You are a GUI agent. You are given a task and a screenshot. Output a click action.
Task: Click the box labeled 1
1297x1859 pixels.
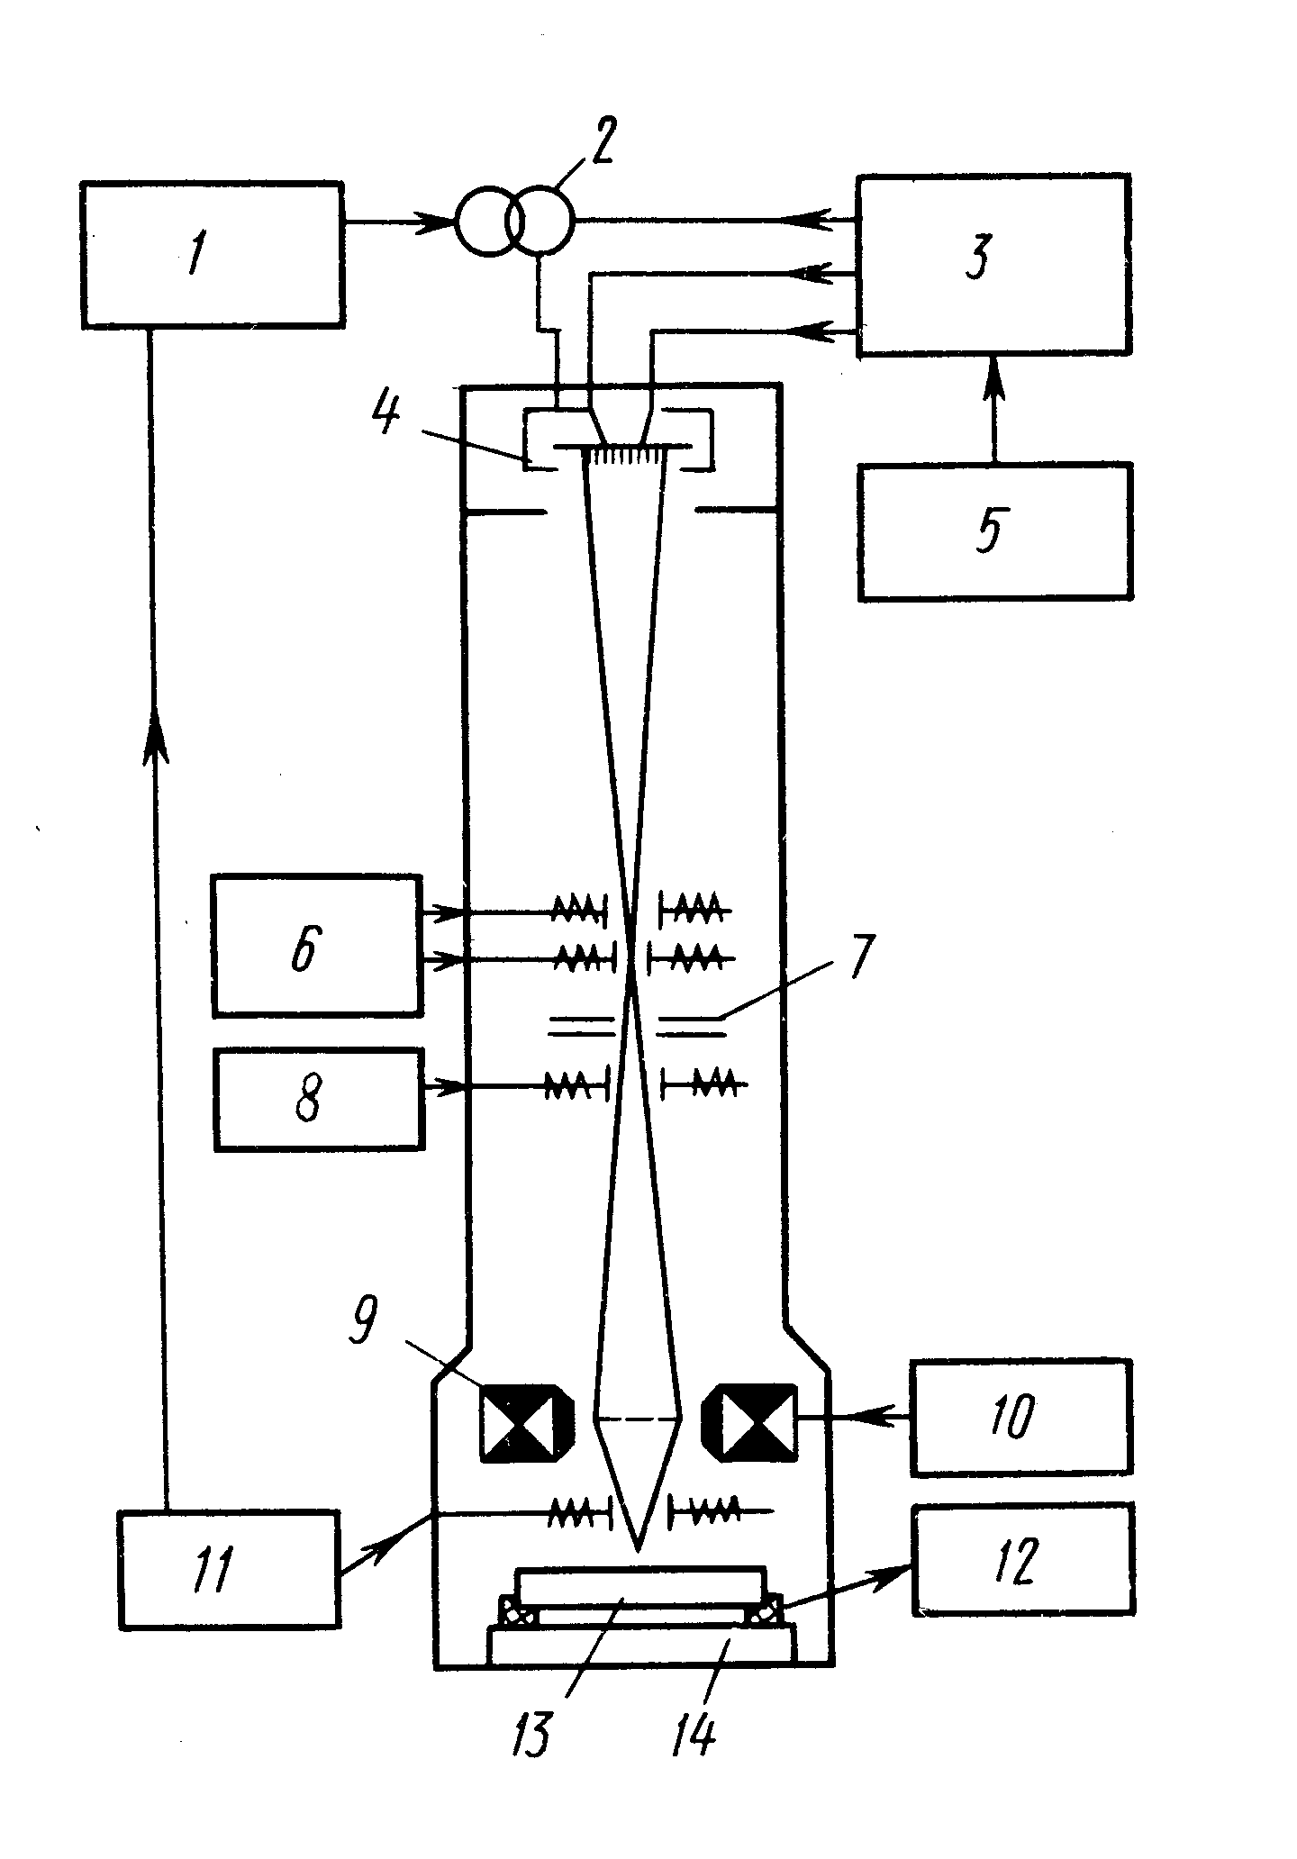coord(212,254)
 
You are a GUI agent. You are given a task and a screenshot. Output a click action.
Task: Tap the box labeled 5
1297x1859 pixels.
coord(994,531)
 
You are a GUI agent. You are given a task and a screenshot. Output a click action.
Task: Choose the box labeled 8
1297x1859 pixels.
coord(318,1099)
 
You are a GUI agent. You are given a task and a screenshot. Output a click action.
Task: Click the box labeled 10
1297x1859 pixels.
coord(1020,1419)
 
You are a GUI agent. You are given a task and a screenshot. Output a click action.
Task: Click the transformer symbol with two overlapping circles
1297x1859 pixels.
coord(513,221)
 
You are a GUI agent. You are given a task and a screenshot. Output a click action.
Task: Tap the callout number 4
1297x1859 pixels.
coord(388,415)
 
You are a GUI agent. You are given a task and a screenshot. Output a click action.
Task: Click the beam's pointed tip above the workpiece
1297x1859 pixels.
coord(638,1551)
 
